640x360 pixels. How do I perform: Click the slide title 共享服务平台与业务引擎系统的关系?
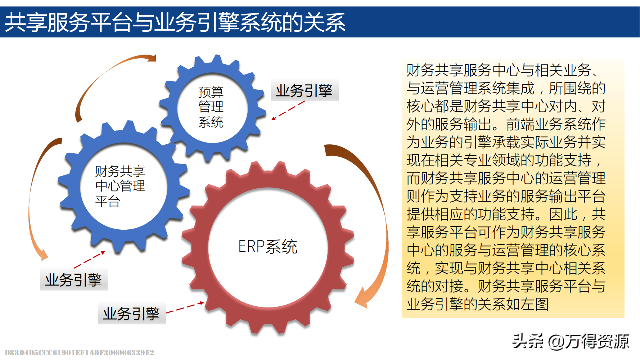(x=175, y=22)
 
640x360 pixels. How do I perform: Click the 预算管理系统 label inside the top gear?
(x=211, y=107)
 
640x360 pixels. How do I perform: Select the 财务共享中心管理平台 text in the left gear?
(x=120, y=186)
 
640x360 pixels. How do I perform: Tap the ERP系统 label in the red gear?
(x=268, y=247)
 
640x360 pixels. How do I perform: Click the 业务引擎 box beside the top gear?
(x=305, y=90)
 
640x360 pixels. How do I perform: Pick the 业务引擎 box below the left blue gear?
(x=74, y=280)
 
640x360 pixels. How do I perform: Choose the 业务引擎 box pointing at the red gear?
(x=132, y=314)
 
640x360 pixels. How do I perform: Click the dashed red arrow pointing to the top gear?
(x=288, y=110)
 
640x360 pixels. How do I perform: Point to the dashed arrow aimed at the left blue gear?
(x=89, y=260)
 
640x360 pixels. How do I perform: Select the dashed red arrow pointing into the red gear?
(x=185, y=308)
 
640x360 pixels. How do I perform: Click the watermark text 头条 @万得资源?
(x=570, y=341)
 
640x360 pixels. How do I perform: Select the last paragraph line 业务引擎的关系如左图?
(x=478, y=305)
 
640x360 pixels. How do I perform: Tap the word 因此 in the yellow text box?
(x=563, y=215)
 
